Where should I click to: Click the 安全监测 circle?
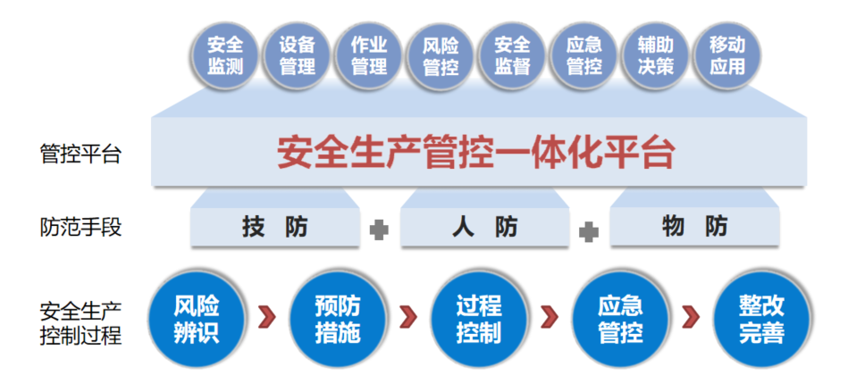click(225, 55)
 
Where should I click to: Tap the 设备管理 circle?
click(297, 55)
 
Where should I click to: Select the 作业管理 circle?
click(369, 55)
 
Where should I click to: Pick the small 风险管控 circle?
click(441, 55)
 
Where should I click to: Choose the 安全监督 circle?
click(512, 55)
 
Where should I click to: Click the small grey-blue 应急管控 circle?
click(584, 55)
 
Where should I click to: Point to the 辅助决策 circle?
click(656, 55)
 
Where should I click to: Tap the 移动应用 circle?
click(727, 55)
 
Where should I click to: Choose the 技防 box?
click(275, 227)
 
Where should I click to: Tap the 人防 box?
click(485, 227)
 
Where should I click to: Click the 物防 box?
click(695, 226)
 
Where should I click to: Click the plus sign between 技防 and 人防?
click(380, 230)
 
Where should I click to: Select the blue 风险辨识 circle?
click(197, 320)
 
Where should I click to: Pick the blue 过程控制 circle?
click(479, 320)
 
